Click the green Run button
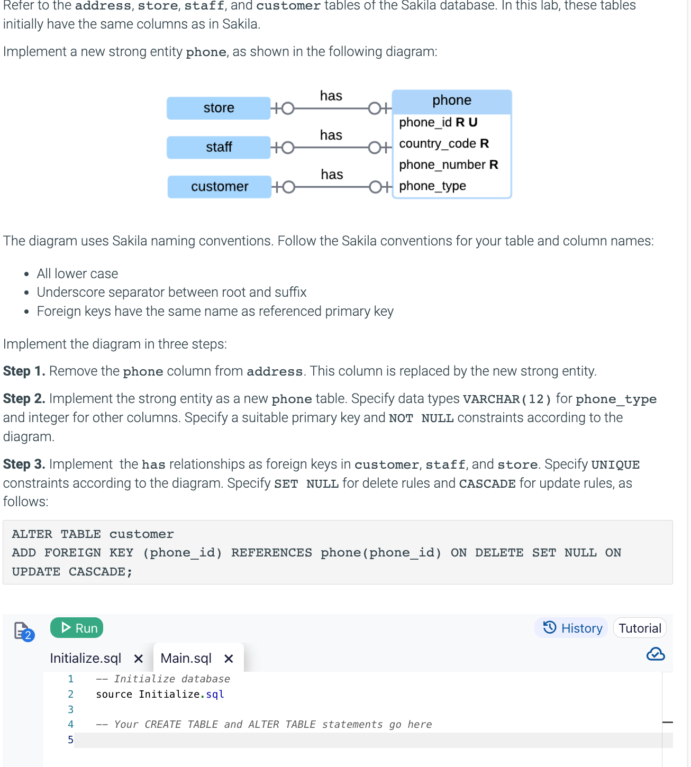pyautogui.click(x=77, y=628)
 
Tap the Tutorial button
pyautogui.click(x=639, y=628)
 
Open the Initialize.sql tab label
pyautogui.click(x=85, y=658)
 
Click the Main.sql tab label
pyautogui.click(x=186, y=658)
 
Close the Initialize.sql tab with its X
pyautogui.click(x=139, y=659)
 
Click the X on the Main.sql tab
pyautogui.click(x=229, y=659)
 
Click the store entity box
pyautogui.click(x=219, y=108)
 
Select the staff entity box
pyautogui.click(x=219, y=147)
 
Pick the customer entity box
pyautogui.click(x=219, y=187)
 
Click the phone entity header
pyautogui.click(x=451, y=101)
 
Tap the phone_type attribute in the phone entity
pyautogui.click(x=432, y=186)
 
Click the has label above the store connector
pyautogui.click(x=331, y=96)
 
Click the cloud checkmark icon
pyautogui.click(x=656, y=654)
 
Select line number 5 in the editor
pyautogui.click(x=70, y=739)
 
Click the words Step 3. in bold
pyautogui.click(x=24, y=464)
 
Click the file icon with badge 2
pyautogui.click(x=23, y=631)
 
